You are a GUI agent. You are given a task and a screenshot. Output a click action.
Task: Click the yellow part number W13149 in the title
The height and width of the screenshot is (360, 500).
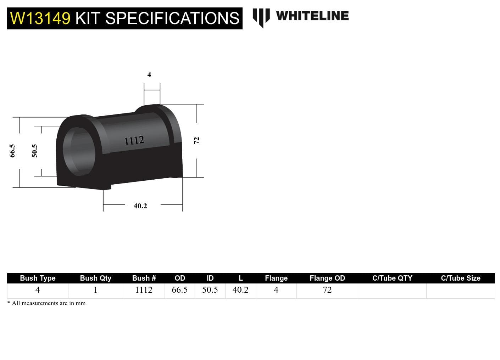tap(40, 18)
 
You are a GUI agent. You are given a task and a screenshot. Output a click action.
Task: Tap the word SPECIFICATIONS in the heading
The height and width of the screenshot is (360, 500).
tap(172, 18)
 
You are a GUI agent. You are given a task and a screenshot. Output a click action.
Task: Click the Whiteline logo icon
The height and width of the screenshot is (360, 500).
tap(261, 17)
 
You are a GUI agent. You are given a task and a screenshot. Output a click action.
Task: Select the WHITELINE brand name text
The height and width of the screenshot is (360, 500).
tap(312, 16)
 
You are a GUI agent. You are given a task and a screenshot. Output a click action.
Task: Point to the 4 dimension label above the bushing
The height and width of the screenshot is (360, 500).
tap(149, 74)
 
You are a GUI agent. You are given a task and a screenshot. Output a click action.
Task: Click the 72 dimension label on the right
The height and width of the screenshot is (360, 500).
tap(196, 141)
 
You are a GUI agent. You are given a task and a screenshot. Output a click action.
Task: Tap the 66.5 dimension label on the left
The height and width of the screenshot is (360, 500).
tap(12, 151)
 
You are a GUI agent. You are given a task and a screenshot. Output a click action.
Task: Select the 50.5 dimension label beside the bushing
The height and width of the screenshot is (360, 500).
tap(34, 151)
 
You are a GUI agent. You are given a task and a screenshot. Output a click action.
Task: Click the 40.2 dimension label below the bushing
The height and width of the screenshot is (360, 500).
tap(140, 206)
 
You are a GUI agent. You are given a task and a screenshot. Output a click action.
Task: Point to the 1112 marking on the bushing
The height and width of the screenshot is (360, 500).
tap(134, 141)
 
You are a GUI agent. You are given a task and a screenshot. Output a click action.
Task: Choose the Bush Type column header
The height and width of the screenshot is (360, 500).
tap(38, 278)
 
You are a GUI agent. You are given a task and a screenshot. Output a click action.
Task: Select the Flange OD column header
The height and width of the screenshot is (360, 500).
tap(327, 278)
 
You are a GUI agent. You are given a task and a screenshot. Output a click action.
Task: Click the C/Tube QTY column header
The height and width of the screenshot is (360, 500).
tap(392, 278)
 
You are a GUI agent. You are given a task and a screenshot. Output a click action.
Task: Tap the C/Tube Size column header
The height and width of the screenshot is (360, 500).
tap(460, 278)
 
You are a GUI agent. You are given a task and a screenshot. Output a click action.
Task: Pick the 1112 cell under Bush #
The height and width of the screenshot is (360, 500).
tap(144, 290)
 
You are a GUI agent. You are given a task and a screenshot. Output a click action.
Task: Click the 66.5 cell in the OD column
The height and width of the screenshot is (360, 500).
tap(179, 290)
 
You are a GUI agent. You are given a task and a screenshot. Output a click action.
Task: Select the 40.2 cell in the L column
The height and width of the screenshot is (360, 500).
tap(240, 290)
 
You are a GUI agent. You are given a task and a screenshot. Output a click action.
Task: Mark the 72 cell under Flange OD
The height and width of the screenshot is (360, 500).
tap(327, 290)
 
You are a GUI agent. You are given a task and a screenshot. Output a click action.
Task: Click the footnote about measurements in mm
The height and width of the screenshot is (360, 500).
tap(46, 303)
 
